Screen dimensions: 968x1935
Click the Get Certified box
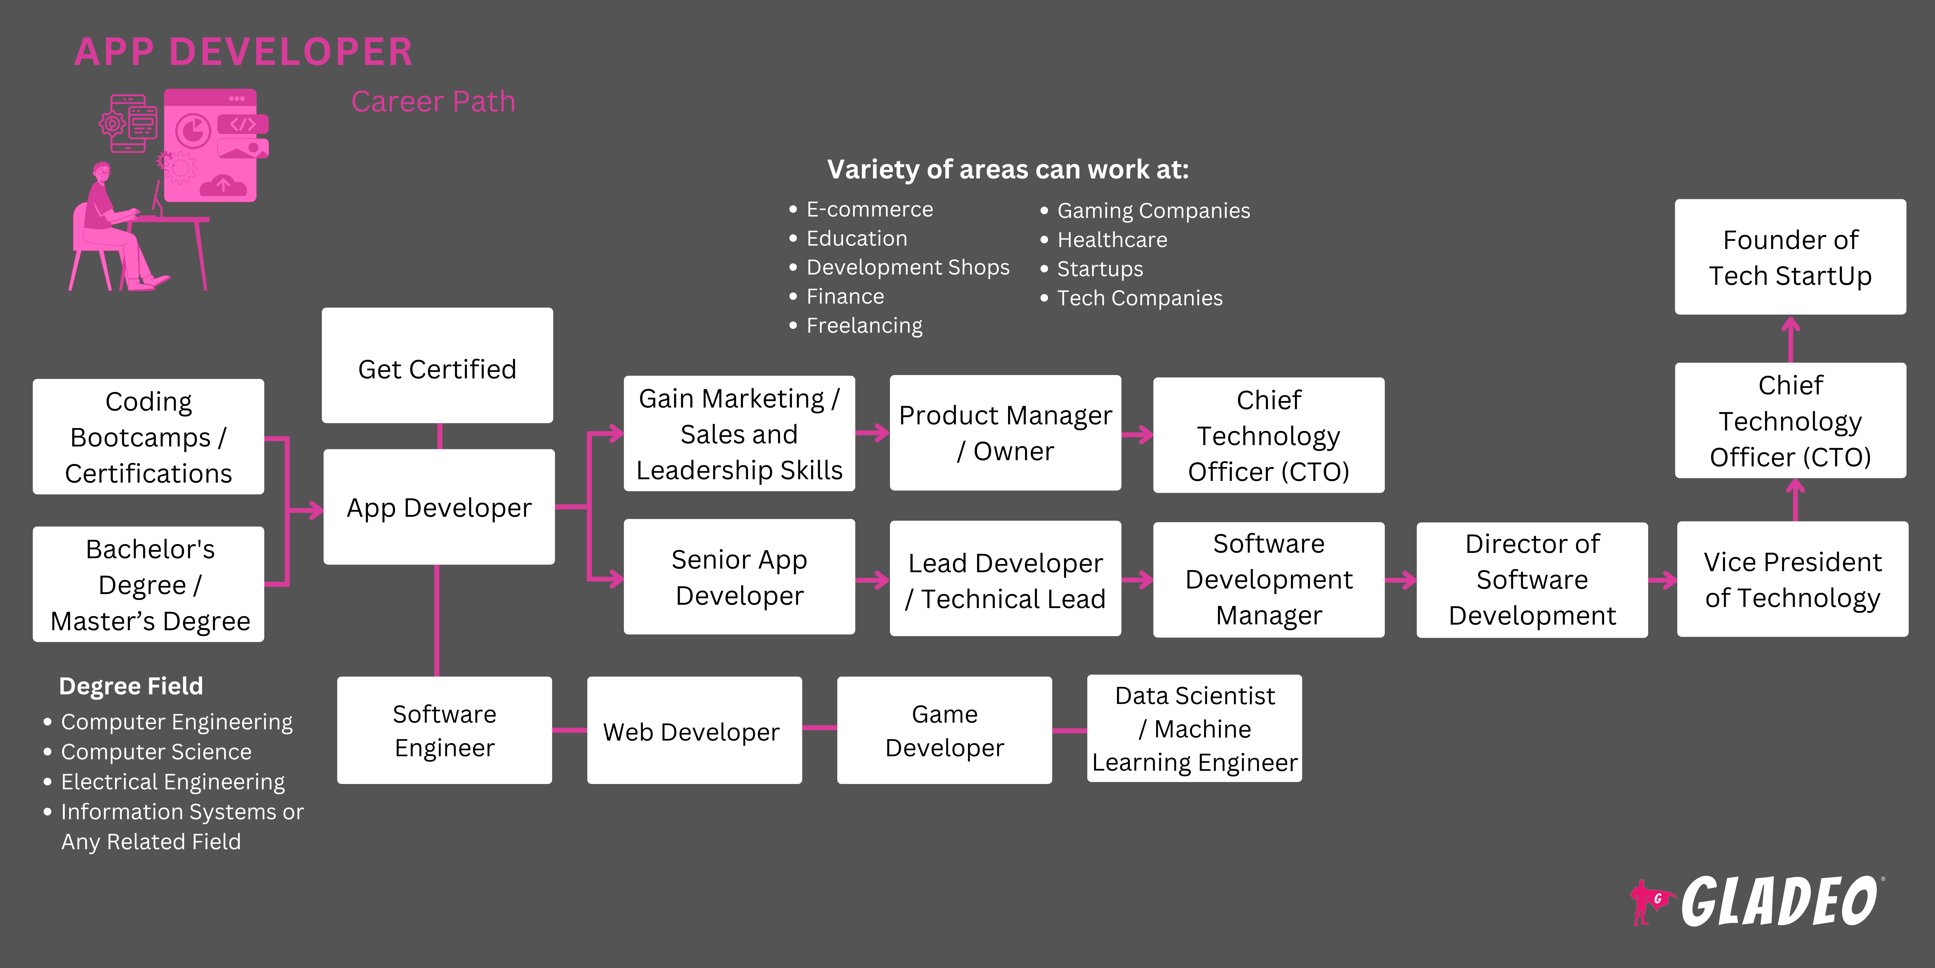(437, 366)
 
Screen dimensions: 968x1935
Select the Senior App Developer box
(739, 577)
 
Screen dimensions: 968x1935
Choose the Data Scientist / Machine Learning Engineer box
(1194, 729)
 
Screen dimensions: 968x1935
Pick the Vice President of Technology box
(1792, 580)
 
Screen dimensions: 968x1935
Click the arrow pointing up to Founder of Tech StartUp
(1791, 338)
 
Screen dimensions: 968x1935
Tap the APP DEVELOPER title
(244, 53)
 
